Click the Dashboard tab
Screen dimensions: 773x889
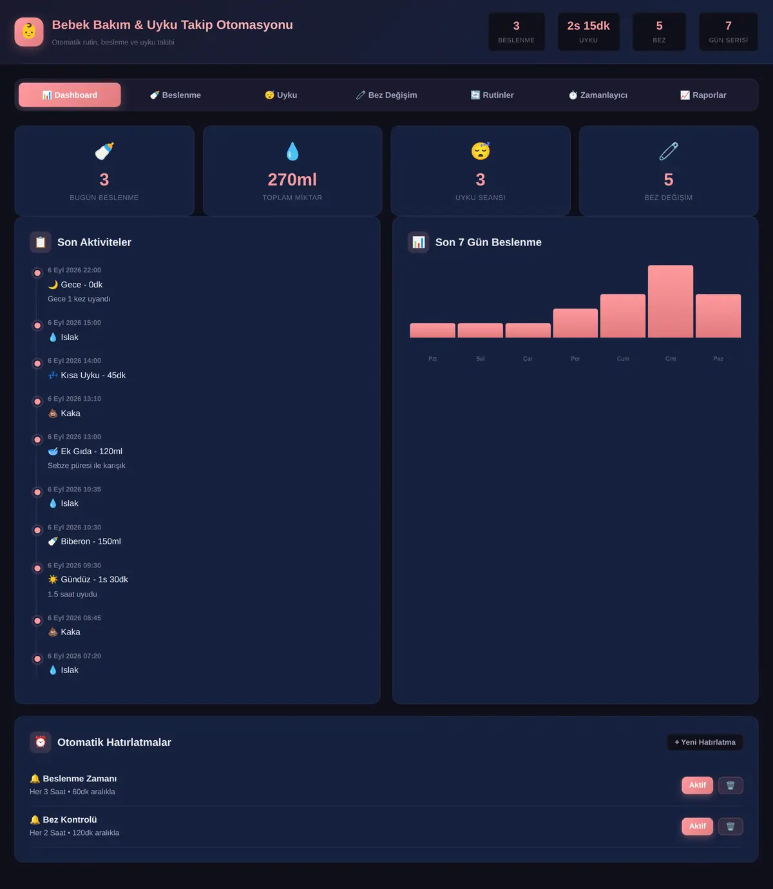[x=70, y=95]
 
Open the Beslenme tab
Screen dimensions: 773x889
[x=175, y=95]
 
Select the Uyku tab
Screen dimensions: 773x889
[x=281, y=95]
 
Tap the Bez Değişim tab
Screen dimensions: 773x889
[x=386, y=95]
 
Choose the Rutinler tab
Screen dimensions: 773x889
[x=492, y=95]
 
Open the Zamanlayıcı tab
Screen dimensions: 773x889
[x=597, y=95]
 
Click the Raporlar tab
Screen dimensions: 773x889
[x=703, y=95]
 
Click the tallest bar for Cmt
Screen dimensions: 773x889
[x=671, y=301]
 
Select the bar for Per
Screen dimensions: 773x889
[x=575, y=323]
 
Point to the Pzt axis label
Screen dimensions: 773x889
[x=432, y=358]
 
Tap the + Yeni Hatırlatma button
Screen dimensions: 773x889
[x=705, y=742]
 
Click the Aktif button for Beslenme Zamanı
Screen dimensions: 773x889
[x=697, y=785]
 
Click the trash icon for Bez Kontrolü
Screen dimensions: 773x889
[x=730, y=827]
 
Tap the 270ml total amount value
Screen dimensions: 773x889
[x=292, y=180]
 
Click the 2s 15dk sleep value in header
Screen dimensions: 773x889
[x=588, y=26]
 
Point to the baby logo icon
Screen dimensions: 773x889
[x=29, y=32]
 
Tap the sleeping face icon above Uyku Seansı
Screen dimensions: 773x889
[x=480, y=151]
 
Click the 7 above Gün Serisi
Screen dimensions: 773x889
[x=729, y=26]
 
